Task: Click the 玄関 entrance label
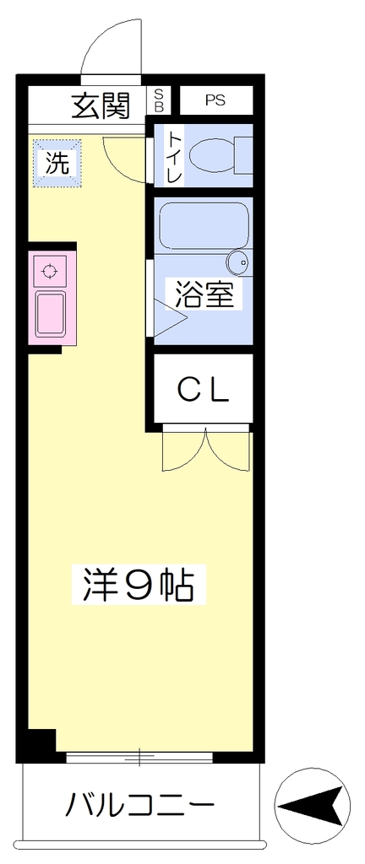(101, 105)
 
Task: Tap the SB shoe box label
(159, 100)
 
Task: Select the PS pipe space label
(216, 100)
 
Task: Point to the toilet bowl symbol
(212, 155)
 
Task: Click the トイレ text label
(174, 156)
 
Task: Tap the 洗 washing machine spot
(57, 163)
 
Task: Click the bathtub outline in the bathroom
(204, 226)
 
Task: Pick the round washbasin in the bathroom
(239, 262)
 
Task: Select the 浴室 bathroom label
(204, 294)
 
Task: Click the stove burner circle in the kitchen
(50, 272)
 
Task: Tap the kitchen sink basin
(51, 314)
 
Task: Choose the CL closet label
(203, 390)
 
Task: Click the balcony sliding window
(139, 757)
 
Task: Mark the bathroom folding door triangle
(169, 318)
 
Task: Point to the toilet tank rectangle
(244, 155)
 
